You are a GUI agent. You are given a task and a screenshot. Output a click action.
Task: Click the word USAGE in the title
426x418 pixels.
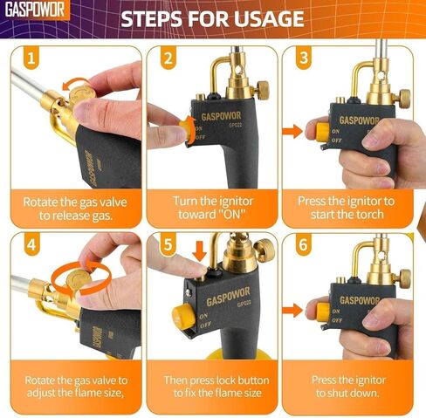point(261,18)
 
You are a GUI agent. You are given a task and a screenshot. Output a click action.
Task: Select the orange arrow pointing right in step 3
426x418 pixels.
point(295,133)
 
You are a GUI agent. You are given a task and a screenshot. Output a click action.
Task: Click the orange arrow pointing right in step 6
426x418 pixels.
point(295,308)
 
